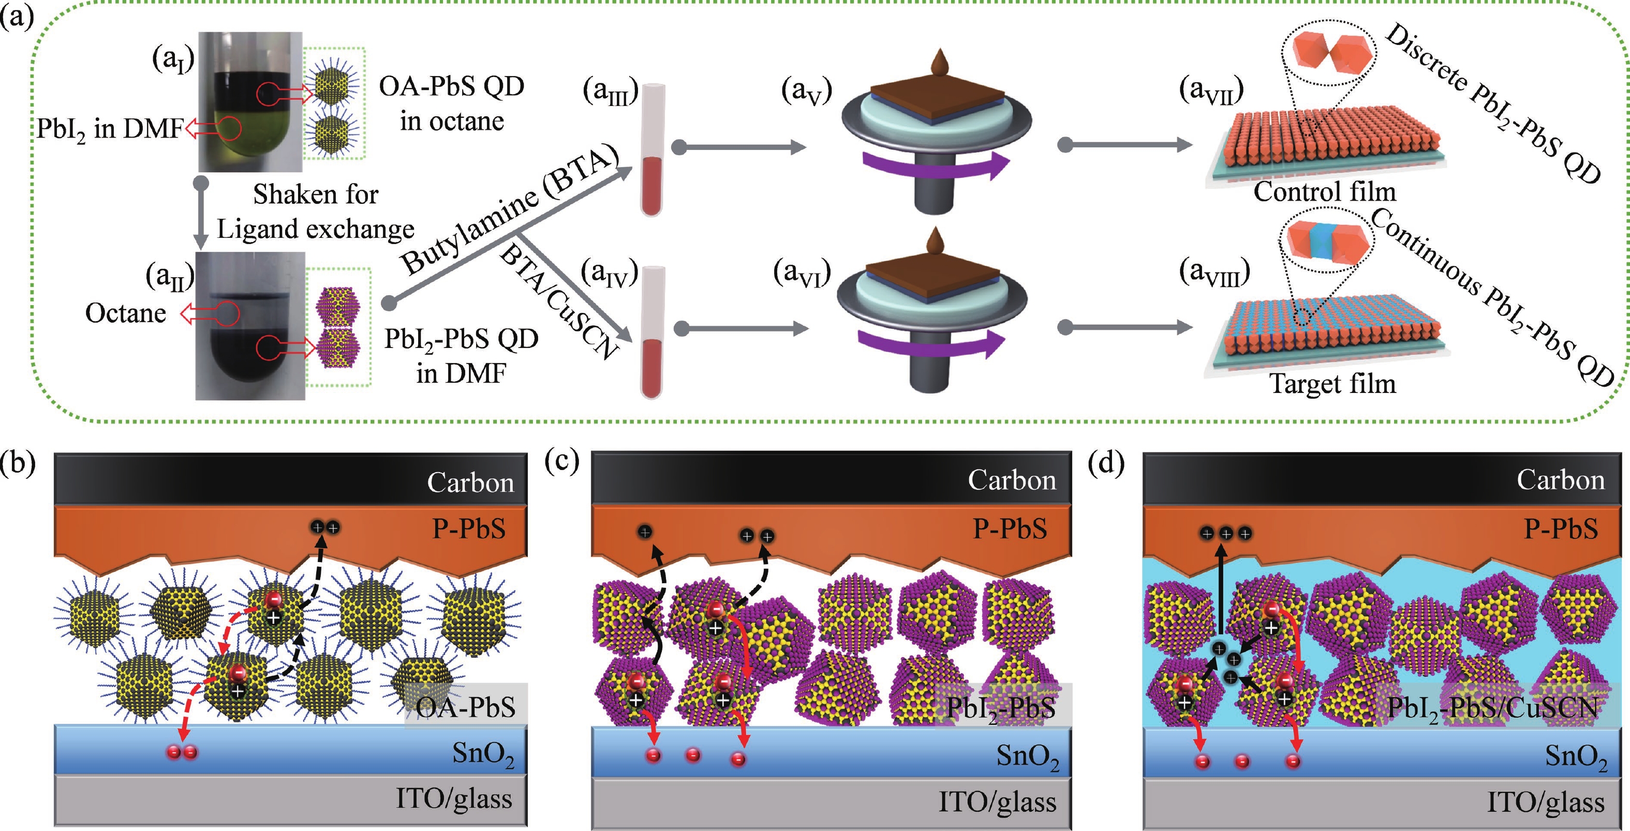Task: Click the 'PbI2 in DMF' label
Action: (109, 129)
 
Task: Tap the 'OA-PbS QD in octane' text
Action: (452, 103)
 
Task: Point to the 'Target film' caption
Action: (1332, 384)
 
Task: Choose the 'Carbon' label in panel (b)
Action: (470, 482)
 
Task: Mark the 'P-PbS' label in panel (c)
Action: (1010, 528)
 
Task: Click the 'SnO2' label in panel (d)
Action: (1576, 757)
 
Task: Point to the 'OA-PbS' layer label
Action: (466, 706)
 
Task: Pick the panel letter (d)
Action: (1105, 463)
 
